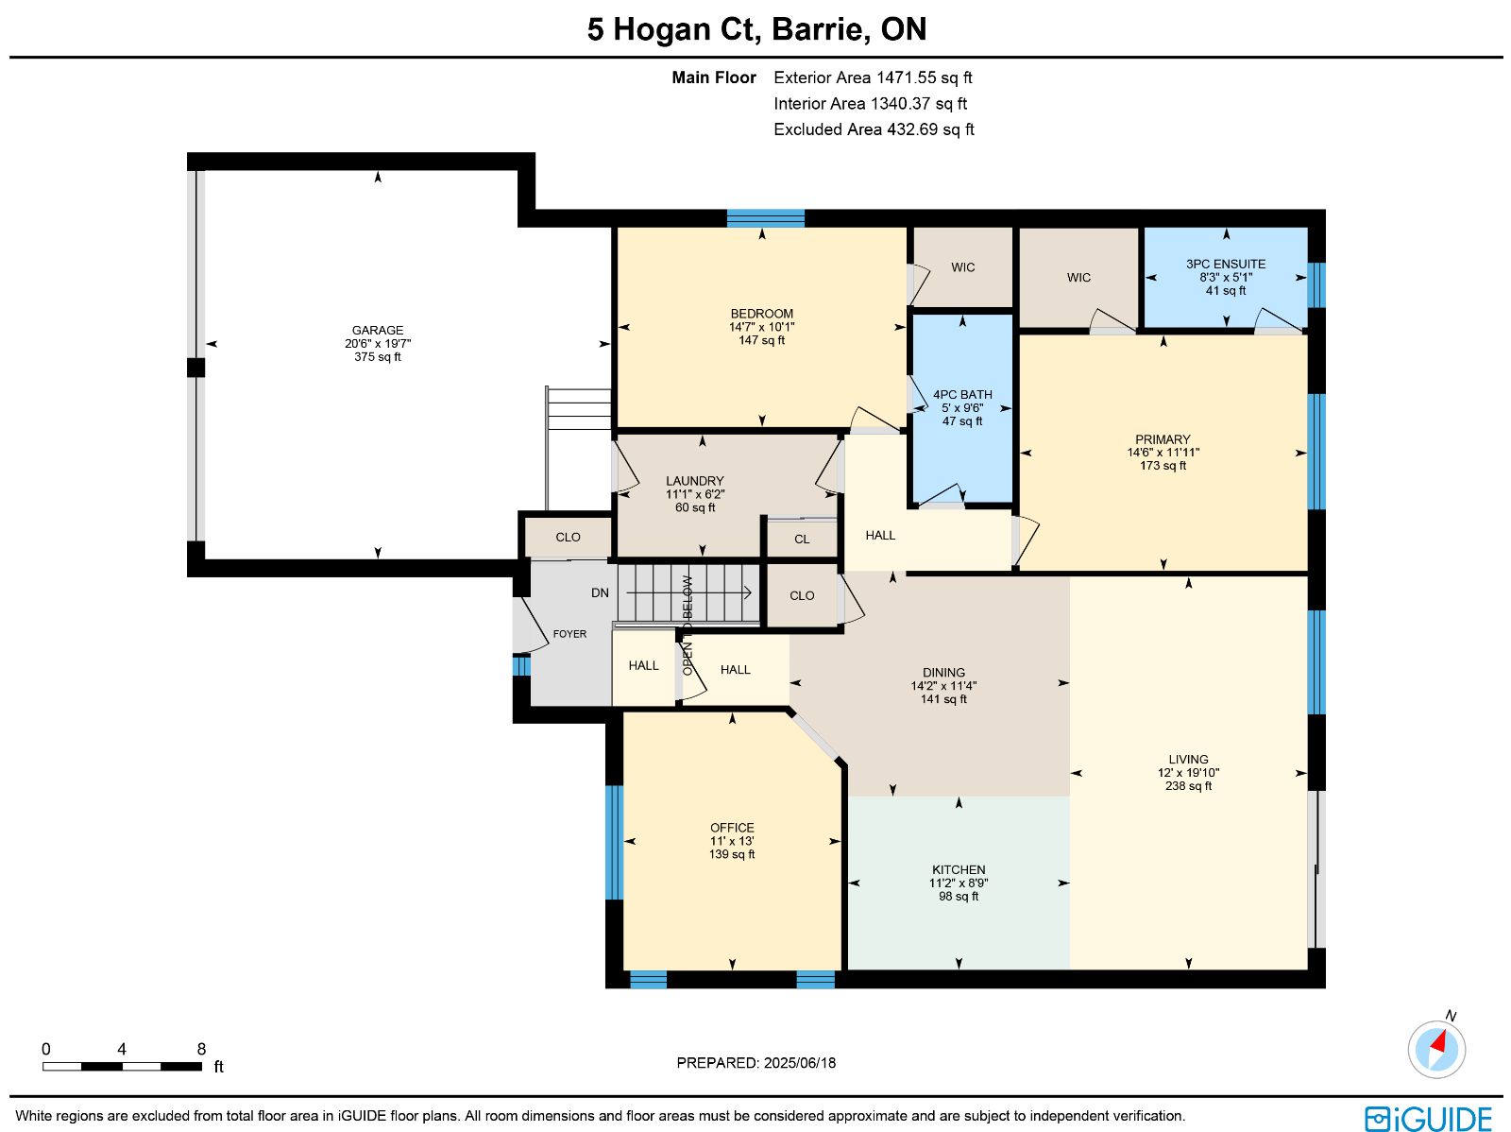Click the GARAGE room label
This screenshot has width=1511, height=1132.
[377, 331]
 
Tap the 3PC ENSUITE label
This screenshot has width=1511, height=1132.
[1225, 264]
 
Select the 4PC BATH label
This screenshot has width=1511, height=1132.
[962, 395]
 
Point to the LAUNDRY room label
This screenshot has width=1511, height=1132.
[694, 481]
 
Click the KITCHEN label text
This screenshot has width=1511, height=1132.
[959, 869]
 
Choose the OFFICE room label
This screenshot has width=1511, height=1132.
[732, 828]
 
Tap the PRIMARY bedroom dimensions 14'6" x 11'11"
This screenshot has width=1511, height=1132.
[1163, 453]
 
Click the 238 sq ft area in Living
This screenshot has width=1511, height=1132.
[1188, 785]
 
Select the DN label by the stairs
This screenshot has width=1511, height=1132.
[600, 592]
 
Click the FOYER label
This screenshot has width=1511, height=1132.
[570, 634]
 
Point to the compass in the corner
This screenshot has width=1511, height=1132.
[1436, 1050]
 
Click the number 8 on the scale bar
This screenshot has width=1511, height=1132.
[201, 1049]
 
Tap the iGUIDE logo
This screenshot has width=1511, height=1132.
[1428, 1118]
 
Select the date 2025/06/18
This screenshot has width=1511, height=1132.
[799, 1062]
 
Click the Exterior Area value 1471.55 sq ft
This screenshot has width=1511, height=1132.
[924, 77]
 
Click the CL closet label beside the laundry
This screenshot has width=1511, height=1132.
[801, 540]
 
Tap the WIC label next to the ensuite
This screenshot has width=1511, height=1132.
[1078, 278]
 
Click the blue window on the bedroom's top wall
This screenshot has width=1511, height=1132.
[766, 218]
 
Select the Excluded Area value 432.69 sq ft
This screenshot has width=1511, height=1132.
[930, 129]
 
